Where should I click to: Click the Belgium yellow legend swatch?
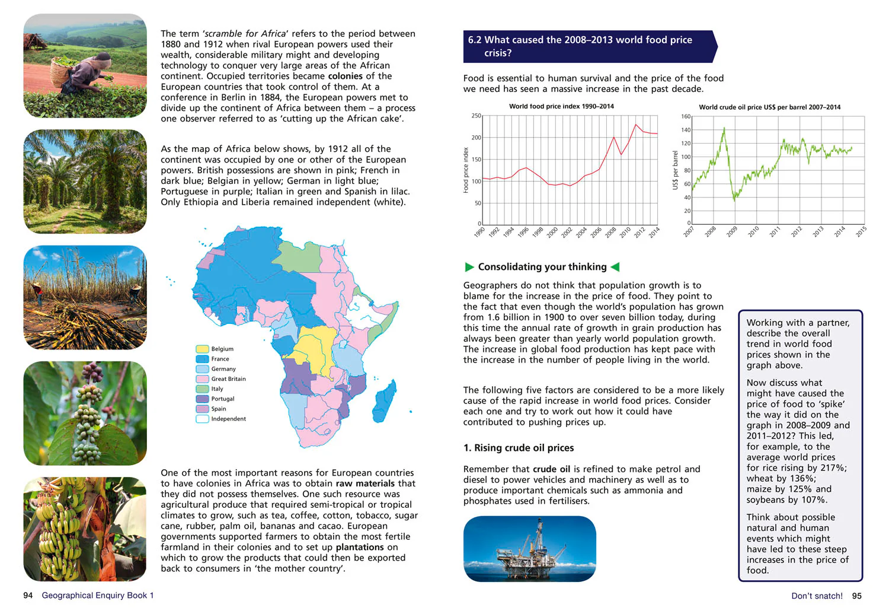(202, 349)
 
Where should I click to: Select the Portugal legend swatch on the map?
(202, 399)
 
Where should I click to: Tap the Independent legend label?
(229, 419)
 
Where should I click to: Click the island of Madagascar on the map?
(385, 401)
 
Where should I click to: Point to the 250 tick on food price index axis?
(477, 116)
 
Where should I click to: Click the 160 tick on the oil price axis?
(686, 116)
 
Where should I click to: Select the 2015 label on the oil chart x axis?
(861, 231)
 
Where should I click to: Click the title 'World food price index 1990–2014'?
(562, 106)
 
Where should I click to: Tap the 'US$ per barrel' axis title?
(675, 170)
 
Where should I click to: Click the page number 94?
(28, 596)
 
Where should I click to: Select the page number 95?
(857, 596)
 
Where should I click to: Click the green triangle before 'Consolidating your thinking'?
(469, 267)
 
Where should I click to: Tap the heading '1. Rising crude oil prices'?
(519, 448)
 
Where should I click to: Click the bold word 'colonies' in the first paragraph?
(346, 76)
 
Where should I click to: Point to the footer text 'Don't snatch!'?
(817, 596)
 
